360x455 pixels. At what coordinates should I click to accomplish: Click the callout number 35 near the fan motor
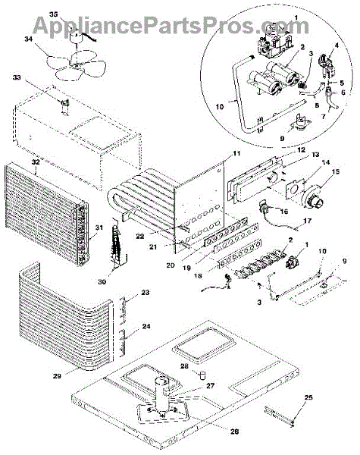(x=53, y=14)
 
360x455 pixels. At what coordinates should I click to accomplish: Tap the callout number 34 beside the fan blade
(x=29, y=39)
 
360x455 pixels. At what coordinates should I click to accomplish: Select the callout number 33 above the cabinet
(x=17, y=78)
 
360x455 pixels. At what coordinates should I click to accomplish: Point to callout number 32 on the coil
(x=36, y=162)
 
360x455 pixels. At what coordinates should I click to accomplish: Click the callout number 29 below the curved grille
(x=57, y=376)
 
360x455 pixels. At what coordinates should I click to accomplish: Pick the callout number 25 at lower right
(x=308, y=397)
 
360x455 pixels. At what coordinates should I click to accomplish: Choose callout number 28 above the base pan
(x=184, y=366)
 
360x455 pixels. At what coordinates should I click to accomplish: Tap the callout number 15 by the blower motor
(x=335, y=172)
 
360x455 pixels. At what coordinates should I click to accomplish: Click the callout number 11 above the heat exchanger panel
(x=236, y=153)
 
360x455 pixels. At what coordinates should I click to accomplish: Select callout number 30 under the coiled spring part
(x=102, y=281)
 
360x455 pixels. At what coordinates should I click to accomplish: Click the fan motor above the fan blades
(x=76, y=36)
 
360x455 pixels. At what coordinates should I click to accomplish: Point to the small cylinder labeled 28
(x=202, y=375)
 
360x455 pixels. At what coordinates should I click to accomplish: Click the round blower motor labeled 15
(x=313, y=198)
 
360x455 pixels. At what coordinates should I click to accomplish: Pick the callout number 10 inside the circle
(x=220, y=107)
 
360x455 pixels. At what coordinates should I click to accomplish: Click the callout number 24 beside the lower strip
(x=146, y=326)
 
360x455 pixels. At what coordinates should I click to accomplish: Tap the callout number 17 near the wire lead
(x=307, y=221)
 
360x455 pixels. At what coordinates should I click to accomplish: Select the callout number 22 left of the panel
(x=139, y=237)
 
